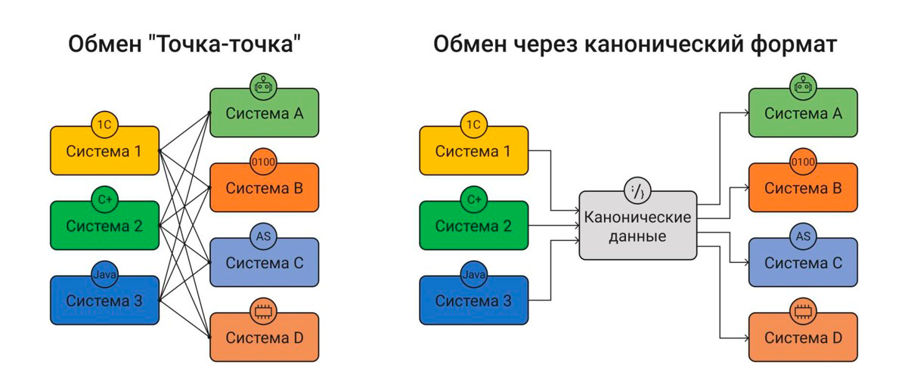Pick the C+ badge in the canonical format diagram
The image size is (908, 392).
pos(474,200)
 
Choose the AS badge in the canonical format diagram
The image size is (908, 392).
pos(803,237)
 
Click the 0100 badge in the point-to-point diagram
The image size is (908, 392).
pos(264,162)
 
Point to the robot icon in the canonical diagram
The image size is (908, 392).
pos(803,88)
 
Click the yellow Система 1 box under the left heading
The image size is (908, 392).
pos(104,151)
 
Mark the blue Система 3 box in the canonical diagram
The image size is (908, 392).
pos(474,301)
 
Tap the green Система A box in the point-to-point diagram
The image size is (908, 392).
pos(264,114)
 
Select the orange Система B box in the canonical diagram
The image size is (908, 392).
pos(803,189)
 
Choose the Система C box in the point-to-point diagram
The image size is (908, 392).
pos(264,264)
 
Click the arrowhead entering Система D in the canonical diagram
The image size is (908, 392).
pos(745,338)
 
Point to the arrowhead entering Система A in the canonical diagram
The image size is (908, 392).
pos(745,113)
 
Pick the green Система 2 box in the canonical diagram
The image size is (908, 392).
pos(474,226)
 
